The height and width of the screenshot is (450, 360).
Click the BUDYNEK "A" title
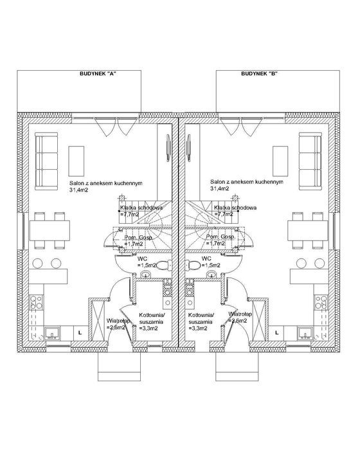coord(98,74)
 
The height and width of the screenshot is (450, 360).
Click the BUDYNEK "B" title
coord(259,74)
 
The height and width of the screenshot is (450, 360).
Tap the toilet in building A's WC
coord(165,265)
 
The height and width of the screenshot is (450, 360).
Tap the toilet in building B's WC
coord(193,265)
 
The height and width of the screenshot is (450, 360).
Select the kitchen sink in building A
coord(51,333)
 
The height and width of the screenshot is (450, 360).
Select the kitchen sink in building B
coord(305,333)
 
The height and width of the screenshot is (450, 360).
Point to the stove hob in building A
coord(37,302)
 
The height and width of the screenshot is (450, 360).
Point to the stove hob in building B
coord(321,302)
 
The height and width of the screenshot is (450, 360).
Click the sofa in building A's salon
coord(46,161)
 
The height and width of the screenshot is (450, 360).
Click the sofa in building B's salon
coord(310,161)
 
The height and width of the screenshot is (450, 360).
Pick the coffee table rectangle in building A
coord(76,161)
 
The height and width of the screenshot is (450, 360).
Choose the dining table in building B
coord(308,230)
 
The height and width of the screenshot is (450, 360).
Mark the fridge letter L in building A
coord(80,333)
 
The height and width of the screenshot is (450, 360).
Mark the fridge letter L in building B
coord(276,333)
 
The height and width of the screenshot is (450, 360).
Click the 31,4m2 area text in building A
coord(78,190)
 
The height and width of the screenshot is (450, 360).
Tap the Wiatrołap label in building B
coord(240,314)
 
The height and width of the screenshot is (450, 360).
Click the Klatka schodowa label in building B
coord(235,208)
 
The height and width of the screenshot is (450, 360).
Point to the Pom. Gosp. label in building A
coord(138,238)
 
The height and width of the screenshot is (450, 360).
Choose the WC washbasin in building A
coord(146,274)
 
